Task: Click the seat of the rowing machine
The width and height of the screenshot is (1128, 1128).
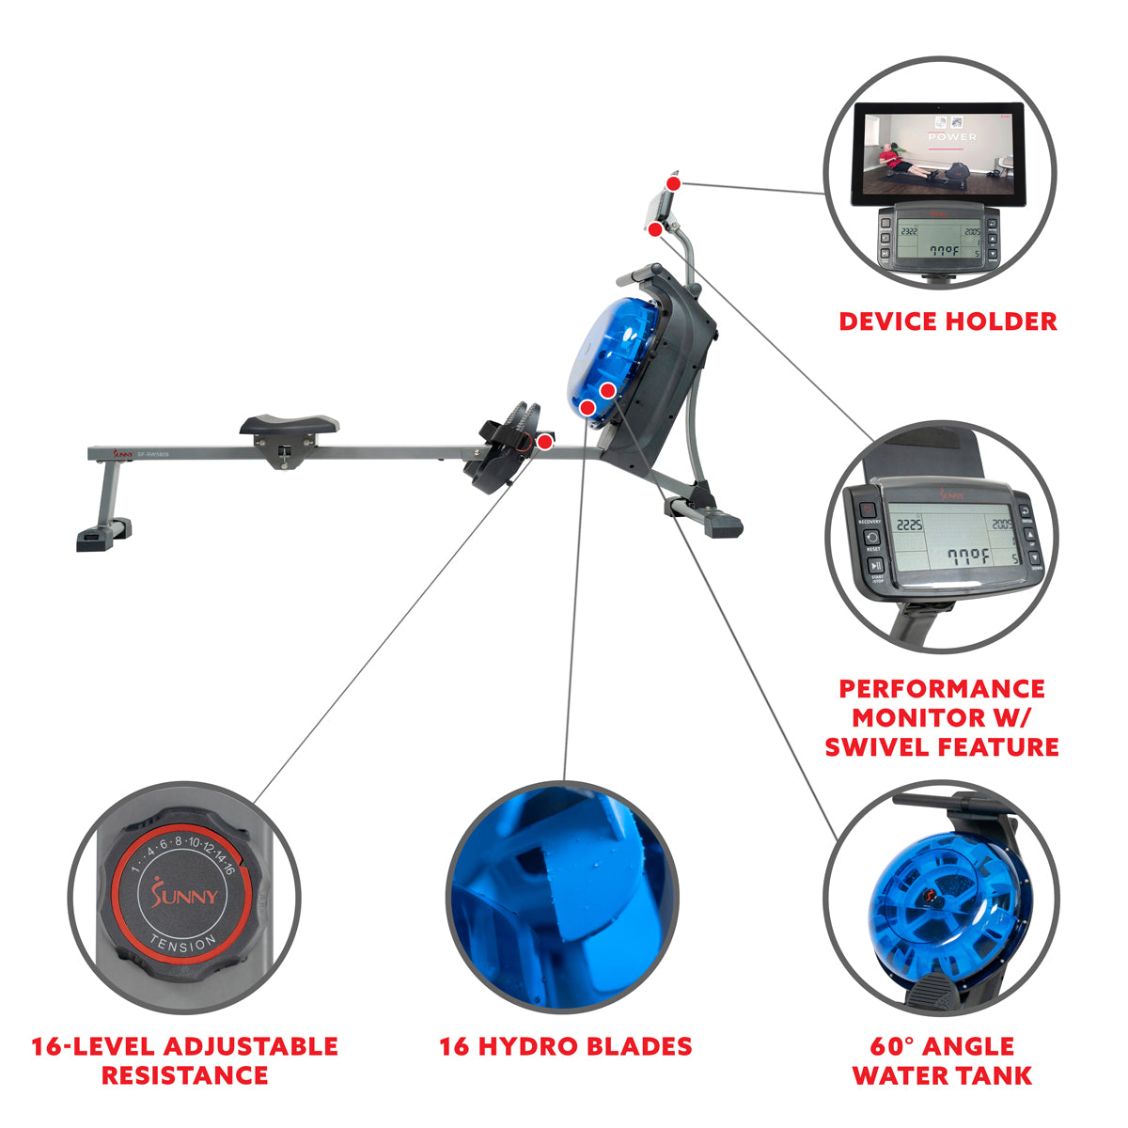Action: pyautogui.click(x=289, y=425)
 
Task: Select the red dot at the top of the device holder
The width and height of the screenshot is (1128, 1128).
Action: pyautogui.click(x=673, y=182)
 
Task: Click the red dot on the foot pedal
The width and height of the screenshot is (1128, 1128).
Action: pyautogui.click(x=544, y=442)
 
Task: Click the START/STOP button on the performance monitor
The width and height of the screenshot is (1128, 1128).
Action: pyautogui.click(x=874, y=566)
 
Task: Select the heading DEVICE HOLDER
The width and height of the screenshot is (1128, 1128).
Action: pyautogui.click(x=948, y=321)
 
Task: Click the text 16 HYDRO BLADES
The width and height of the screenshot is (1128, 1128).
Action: pyautogui.click(x=566, y=1046)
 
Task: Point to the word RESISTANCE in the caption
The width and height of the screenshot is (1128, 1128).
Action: pyautogui.click(x=184, y=1075)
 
